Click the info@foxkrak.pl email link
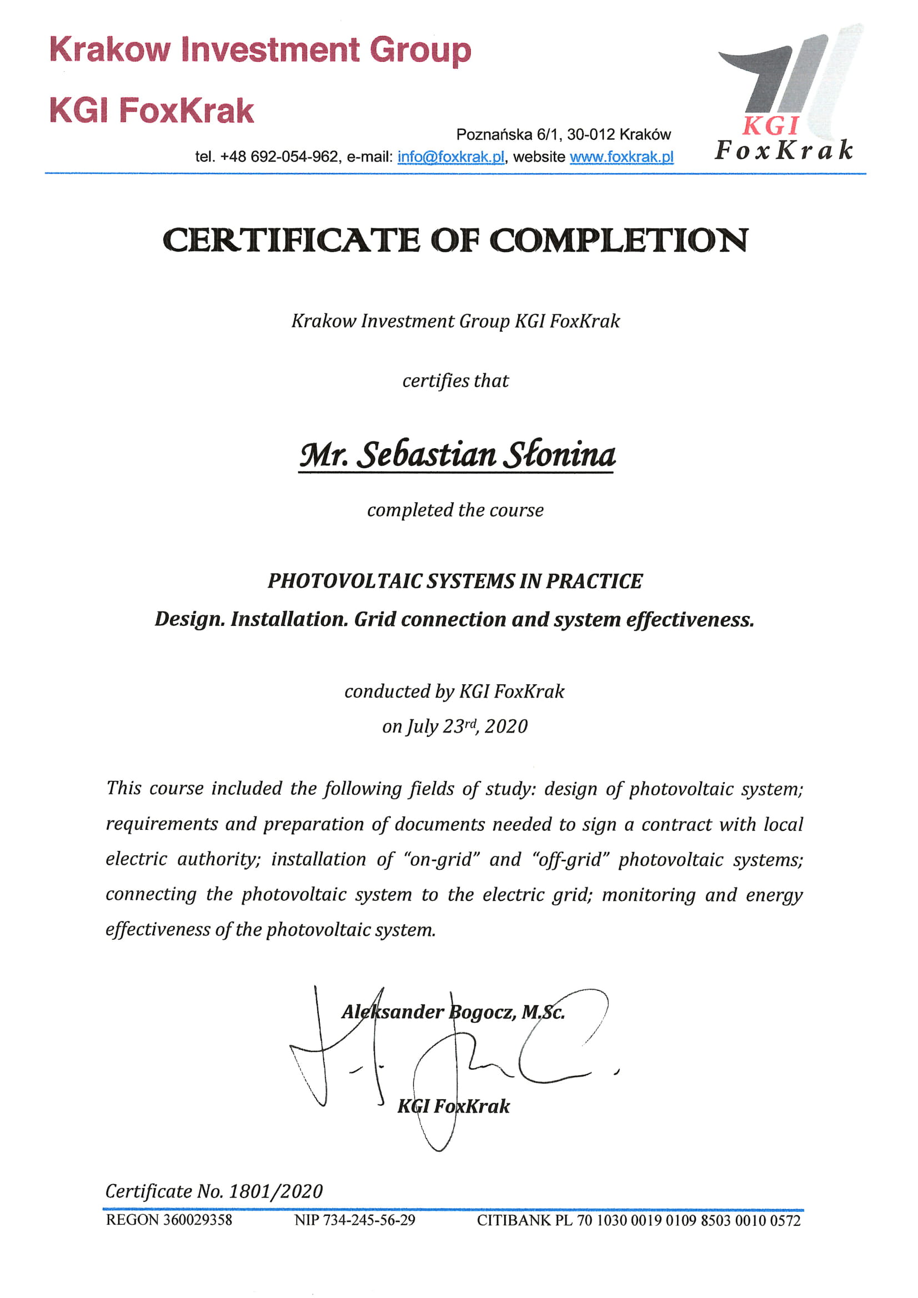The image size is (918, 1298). pos(450,157)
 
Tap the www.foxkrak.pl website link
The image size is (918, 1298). pos(621,157)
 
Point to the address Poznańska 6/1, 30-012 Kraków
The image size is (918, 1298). pos(563,134)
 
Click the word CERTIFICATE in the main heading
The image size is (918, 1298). pos(291,240)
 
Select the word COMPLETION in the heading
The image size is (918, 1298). pos(619,240)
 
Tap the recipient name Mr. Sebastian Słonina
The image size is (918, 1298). pos(457,455)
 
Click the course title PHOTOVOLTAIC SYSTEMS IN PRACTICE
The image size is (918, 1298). pos(455,581)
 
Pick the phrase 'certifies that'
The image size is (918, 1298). pos(455,381)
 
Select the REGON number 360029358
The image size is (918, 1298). pos(197,1220)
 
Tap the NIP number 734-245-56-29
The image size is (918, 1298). pos(369,1220)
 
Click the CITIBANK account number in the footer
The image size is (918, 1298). pos(688,1220)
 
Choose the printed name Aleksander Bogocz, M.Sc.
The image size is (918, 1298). pos(453,1012)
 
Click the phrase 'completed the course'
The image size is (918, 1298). pos(455,510)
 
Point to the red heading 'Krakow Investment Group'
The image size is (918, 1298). pos(260,50)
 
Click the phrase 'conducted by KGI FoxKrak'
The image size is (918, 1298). pos(454,691)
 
